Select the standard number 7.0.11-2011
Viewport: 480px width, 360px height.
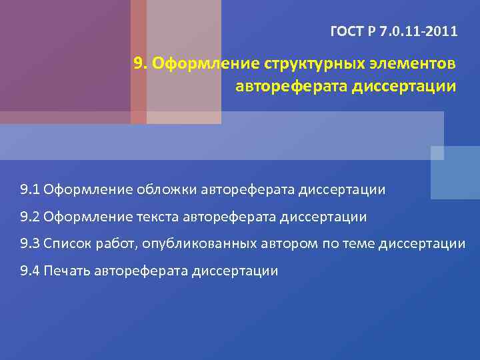419,31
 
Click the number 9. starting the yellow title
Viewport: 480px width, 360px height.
140,64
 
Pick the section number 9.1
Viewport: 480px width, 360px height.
30,190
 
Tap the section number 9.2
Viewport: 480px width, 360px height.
30,217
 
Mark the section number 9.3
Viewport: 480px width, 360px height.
30,243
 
